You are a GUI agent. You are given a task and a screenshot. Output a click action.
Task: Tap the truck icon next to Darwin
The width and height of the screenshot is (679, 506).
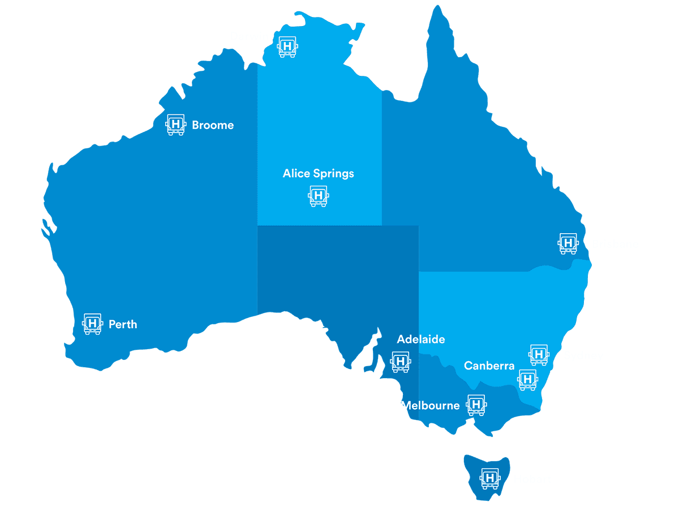287,46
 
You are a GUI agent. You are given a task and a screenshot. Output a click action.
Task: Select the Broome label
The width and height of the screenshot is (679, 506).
213,125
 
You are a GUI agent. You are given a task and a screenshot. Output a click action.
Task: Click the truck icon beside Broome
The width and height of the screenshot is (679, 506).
175,124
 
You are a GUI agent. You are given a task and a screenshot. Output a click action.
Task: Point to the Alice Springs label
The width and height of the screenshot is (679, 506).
319,173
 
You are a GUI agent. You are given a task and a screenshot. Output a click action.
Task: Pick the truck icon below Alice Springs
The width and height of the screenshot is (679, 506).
318,196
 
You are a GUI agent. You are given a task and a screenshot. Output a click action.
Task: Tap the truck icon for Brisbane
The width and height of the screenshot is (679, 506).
569,243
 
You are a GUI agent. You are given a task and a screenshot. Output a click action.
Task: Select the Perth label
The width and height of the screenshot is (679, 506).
123,324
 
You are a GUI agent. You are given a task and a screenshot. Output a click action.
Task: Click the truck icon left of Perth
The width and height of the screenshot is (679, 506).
92,324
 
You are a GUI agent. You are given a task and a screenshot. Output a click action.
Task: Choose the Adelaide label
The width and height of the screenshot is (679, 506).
421,340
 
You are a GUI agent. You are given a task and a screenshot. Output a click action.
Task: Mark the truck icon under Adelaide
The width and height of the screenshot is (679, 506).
401,361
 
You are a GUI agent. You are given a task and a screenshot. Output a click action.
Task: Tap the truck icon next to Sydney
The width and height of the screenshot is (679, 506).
539,354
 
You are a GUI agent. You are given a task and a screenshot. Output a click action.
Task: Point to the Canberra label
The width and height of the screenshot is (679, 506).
489,366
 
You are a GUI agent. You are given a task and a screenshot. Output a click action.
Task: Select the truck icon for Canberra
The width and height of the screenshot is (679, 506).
527,379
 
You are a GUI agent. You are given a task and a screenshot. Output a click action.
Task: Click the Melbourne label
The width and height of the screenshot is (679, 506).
430,405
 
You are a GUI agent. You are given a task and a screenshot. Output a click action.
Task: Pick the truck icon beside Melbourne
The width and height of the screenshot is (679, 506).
476,405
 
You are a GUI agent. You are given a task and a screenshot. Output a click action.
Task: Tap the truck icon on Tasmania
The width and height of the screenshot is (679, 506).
490,479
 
